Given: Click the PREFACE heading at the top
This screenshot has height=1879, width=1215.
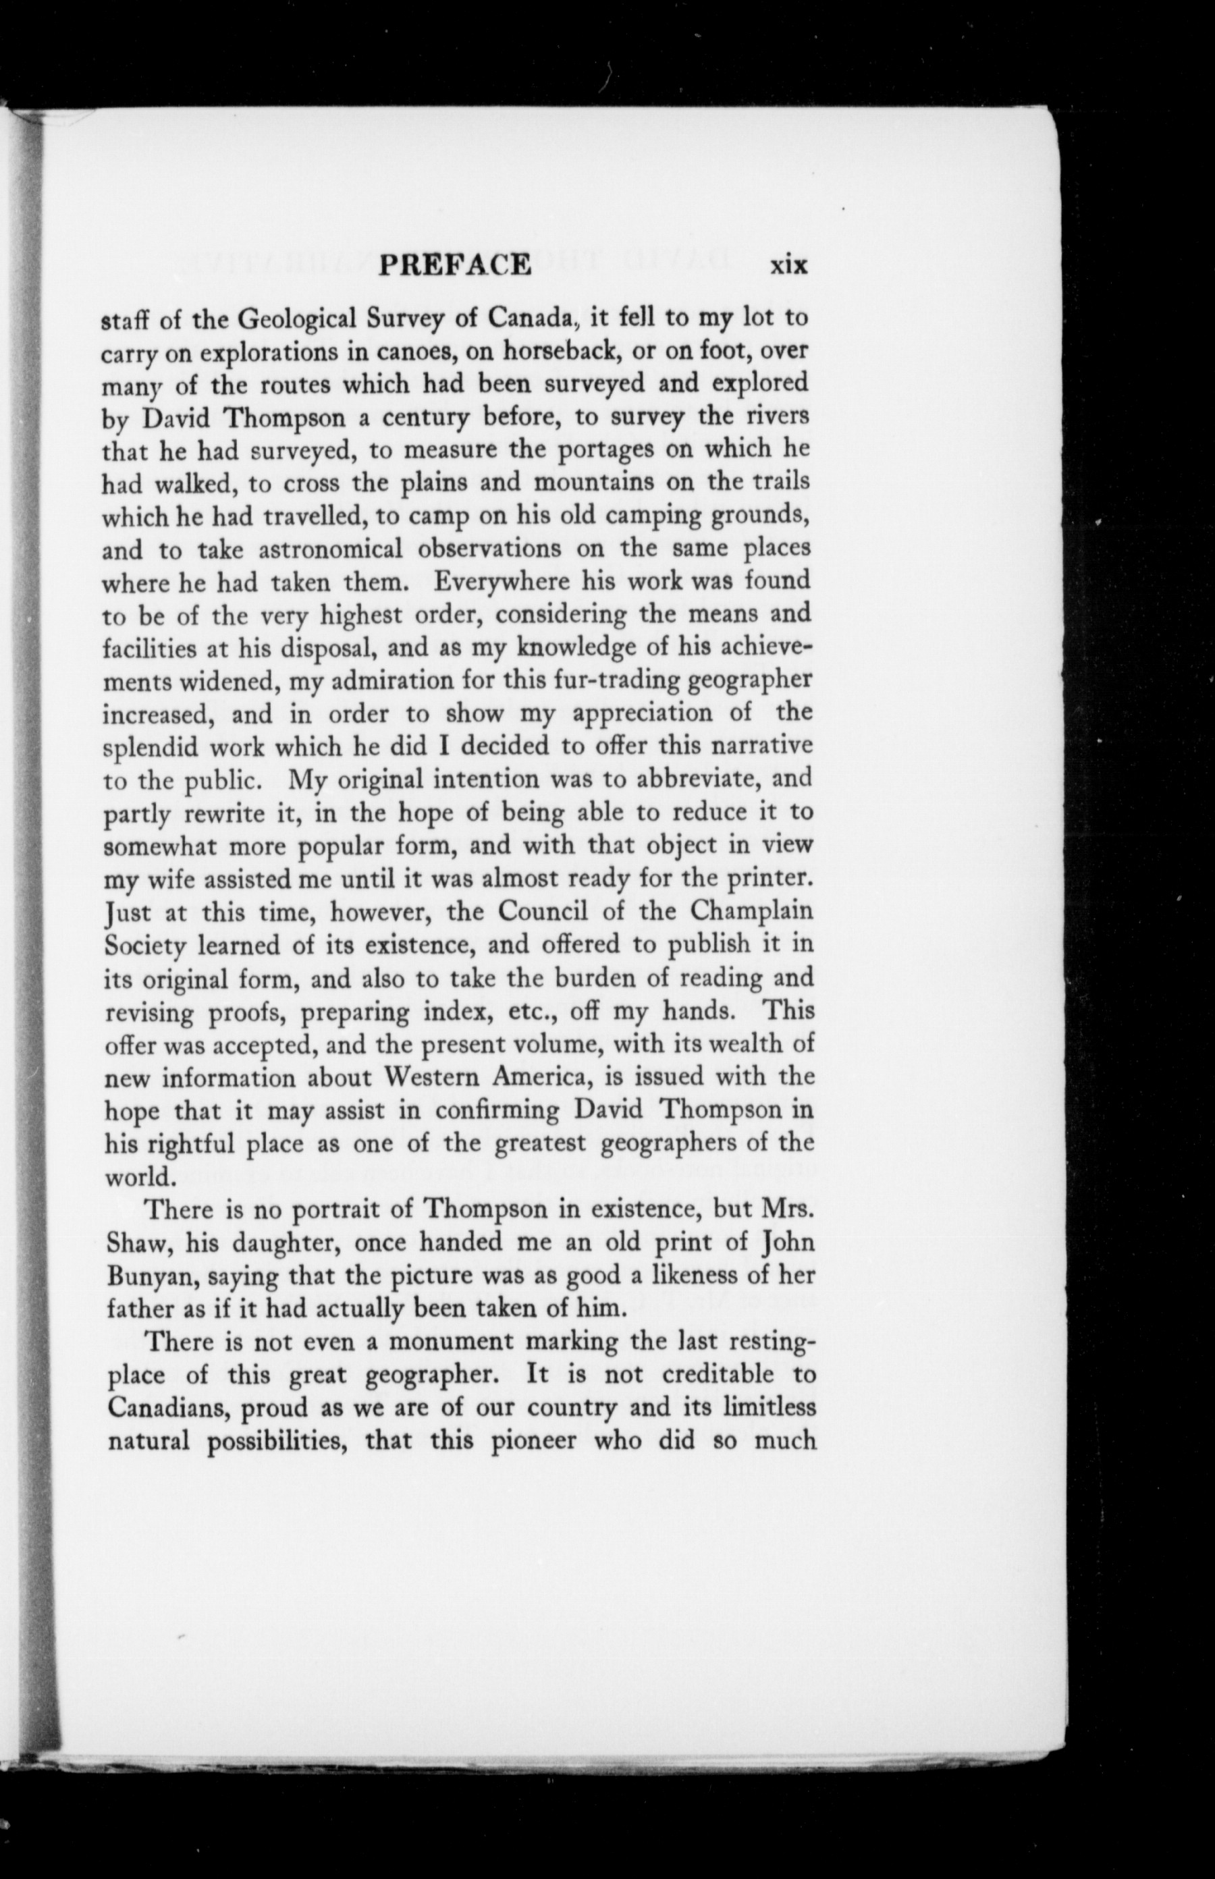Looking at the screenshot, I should click(x=455, y=265).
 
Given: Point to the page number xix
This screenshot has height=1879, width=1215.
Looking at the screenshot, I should click(x=789, y=265).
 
